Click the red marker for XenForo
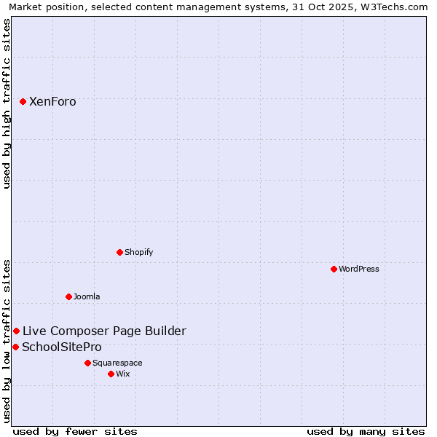coord(23,102)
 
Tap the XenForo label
coord(52,102)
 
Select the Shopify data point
coord(120,253)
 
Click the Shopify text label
coord(138,253)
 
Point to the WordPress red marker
coord(334,269)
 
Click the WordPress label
coord(359,269)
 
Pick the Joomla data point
coord(69,297)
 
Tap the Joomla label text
coord(87,297)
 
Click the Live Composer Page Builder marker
coord(17,331)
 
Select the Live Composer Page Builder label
coord(104,331)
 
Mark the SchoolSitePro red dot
coord(15,347)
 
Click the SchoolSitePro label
coord(62,347)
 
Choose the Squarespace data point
coord(87,363)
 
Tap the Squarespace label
coord(117,363)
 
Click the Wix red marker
coord(111,374)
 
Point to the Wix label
coord(123,374)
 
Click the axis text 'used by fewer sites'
coord(75,432)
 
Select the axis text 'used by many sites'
coord(366,432)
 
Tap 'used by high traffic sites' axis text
coord(7,103)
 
